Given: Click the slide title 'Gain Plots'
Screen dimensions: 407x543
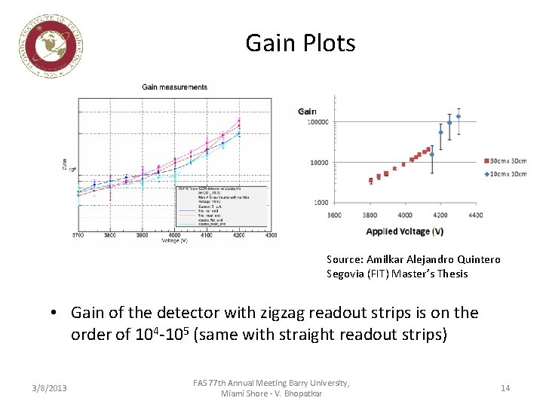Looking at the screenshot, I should (300, 43).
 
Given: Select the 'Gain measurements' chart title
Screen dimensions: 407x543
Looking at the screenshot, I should (174, 87).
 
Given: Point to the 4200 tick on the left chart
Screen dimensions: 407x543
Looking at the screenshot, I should (239, 234).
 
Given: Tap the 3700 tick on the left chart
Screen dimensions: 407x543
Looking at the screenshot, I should (78, 234).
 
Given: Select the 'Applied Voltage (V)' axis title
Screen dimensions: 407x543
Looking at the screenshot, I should (404, 231).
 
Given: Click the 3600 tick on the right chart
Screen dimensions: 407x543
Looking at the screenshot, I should (335, 216).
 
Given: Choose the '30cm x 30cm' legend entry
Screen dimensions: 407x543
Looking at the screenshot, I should (506, 161).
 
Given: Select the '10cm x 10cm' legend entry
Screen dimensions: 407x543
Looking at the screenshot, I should (506, 174).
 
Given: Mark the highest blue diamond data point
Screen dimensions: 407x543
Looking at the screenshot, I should (459, 116).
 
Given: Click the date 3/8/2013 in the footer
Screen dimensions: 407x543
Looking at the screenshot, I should (50, 388).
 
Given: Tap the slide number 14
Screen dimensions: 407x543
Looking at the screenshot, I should (505, 388).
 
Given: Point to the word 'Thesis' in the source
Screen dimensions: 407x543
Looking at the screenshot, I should (452, 274).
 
